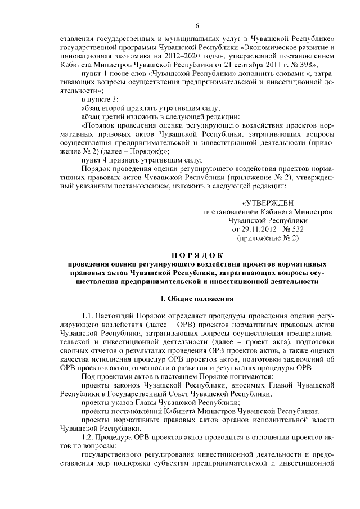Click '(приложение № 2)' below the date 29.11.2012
(x=268, y=238)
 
